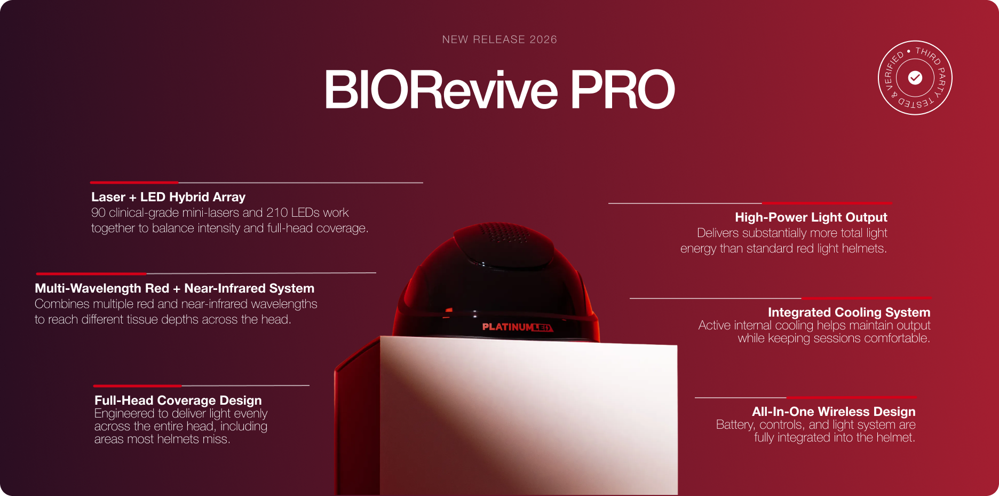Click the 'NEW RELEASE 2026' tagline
pyautogui.click(x=499, y=40)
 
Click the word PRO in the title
pyautogui.click(x=623, y=89)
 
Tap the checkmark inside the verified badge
pyautogui.click(x=915, y=78)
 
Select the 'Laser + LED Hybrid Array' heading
pyautogui.click(x=168, y=197)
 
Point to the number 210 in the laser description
pyautogui.click(x=277, y=212)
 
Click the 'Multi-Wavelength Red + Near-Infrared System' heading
pyautogui.click(x=175, y=288)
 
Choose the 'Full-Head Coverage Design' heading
pyautogui.click(x=178, y=400)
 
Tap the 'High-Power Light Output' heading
pyautogui.click(x=811, y=217)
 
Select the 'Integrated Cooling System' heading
pyautogui.click(x=849, y=312)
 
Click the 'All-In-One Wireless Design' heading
pyautogui.click(x=834, y=412)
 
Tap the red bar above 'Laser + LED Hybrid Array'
pyautogui.click(x=134, y=183)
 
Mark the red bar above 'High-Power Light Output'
pyautogui.click(x=827, y=203)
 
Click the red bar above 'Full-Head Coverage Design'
pyautogui.click(x=137, y=385)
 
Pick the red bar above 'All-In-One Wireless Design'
pyautogui.click(x=851, y=398)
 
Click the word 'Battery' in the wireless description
pyautogui.click(x=735, y=425)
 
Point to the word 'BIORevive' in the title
pyautogui.click(x=441, y=89)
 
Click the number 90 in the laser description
pyautogui.click(x=98, y=212)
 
